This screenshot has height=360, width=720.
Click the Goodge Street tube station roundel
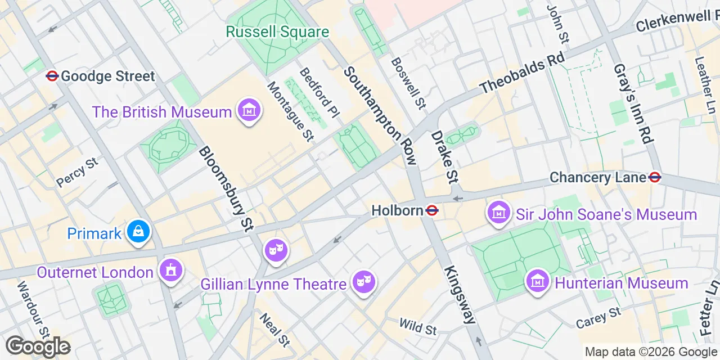pyautogui.click(x=52, y=76)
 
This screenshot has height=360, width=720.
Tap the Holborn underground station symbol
pyautogui.click(x=432, y=210)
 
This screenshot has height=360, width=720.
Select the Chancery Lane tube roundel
pyautogui.click(x=654, y=177)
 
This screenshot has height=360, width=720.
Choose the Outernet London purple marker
pyautogui.click(x=170, y=271)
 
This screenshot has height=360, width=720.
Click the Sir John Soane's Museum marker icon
pyautogui.click(x=498, y=213)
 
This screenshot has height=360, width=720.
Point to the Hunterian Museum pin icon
pyautogui.click(x=537, y=280)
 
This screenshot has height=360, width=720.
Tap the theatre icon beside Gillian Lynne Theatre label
pyautogui.click(x=363, y=281)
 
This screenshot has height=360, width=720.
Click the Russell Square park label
pyautogui.click(x=277, y=31)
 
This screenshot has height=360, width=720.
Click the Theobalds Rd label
pyautogui.click(x=515, y=74)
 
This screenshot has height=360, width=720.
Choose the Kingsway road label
pyautogui.click(x=460, y=294)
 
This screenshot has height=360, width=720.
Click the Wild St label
pyautogui.click(x=417, y=326)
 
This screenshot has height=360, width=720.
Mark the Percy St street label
pyautogui.click(x=77, y=173)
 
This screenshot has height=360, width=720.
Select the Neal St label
pyautogui.click(x=274, y=329)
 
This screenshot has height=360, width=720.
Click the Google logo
pyautogui.click(x=38, y=346)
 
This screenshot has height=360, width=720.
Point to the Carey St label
pyautogui.click(x=598, y=318)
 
